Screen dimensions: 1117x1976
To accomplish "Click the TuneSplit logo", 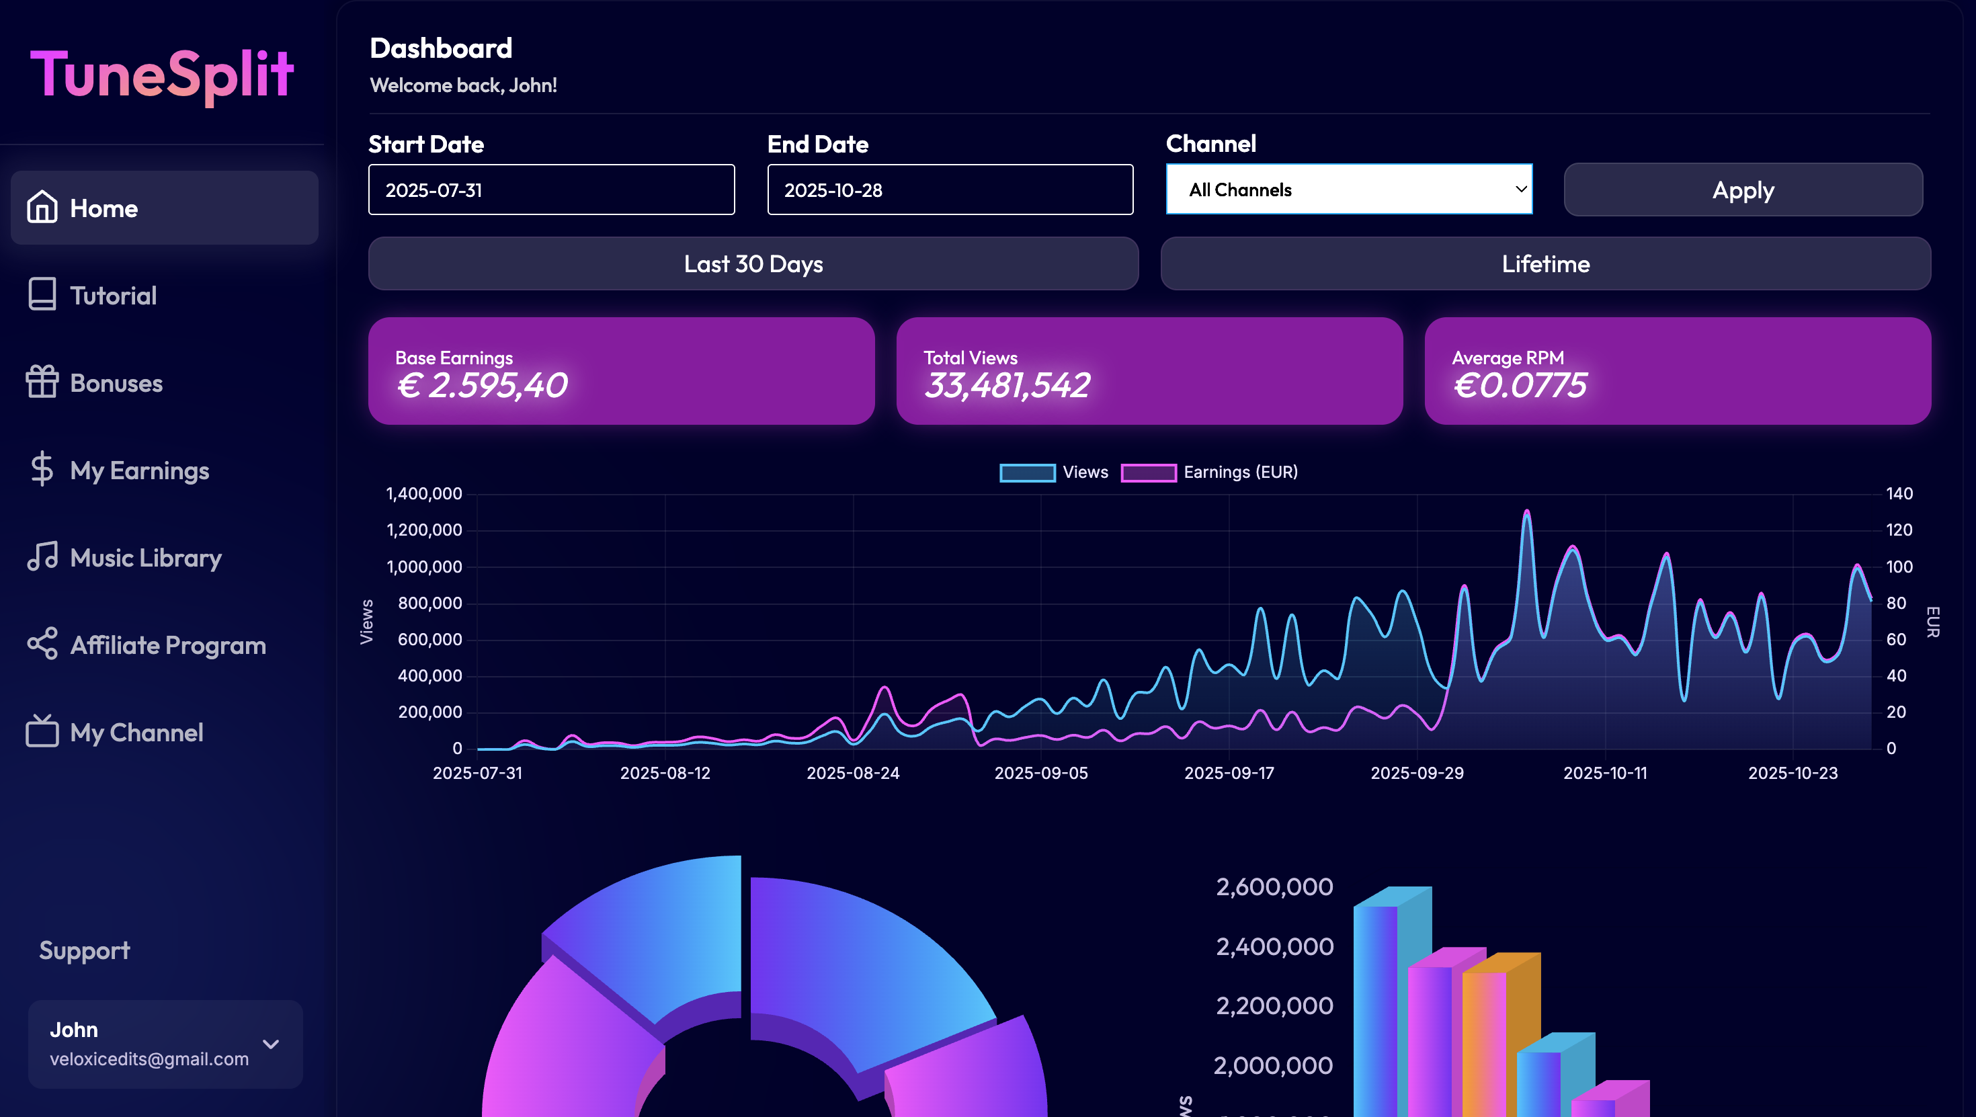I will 162,75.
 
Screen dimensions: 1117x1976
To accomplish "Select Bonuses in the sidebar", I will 116,383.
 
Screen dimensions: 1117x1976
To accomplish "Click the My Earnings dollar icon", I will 42,470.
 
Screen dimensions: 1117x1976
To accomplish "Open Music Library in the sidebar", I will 145,558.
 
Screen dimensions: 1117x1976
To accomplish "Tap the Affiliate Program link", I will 167,645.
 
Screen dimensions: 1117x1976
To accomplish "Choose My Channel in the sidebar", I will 136,733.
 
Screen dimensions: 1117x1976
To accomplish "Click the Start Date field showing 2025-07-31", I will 550,190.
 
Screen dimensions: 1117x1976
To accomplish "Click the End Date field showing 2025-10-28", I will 950,190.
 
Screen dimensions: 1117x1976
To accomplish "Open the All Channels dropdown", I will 1348,190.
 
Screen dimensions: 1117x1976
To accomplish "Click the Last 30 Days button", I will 753,264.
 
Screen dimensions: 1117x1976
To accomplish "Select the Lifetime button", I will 1545,264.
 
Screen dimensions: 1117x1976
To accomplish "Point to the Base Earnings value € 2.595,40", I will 482,385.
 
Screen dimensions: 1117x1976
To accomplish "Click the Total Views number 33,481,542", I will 1006,385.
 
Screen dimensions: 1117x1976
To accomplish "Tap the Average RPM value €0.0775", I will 1519,385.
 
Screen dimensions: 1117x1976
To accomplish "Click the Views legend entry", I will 1054,472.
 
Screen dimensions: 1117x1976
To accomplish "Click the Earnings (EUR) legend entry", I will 1209,472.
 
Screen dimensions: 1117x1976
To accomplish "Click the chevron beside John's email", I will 271,1044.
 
